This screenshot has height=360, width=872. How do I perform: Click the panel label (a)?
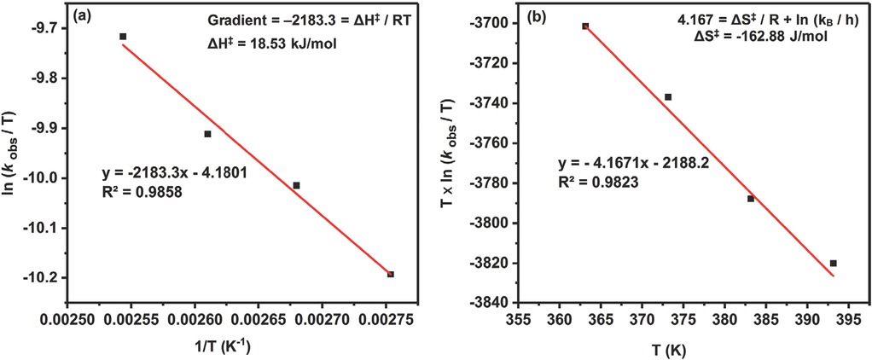84,15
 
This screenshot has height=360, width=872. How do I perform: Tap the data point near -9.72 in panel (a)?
123,37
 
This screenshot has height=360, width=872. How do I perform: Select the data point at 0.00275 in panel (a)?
391,274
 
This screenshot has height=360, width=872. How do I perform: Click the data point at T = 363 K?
585,26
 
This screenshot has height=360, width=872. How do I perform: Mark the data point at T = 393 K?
834,263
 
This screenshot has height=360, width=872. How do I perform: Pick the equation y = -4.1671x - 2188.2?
632,162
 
